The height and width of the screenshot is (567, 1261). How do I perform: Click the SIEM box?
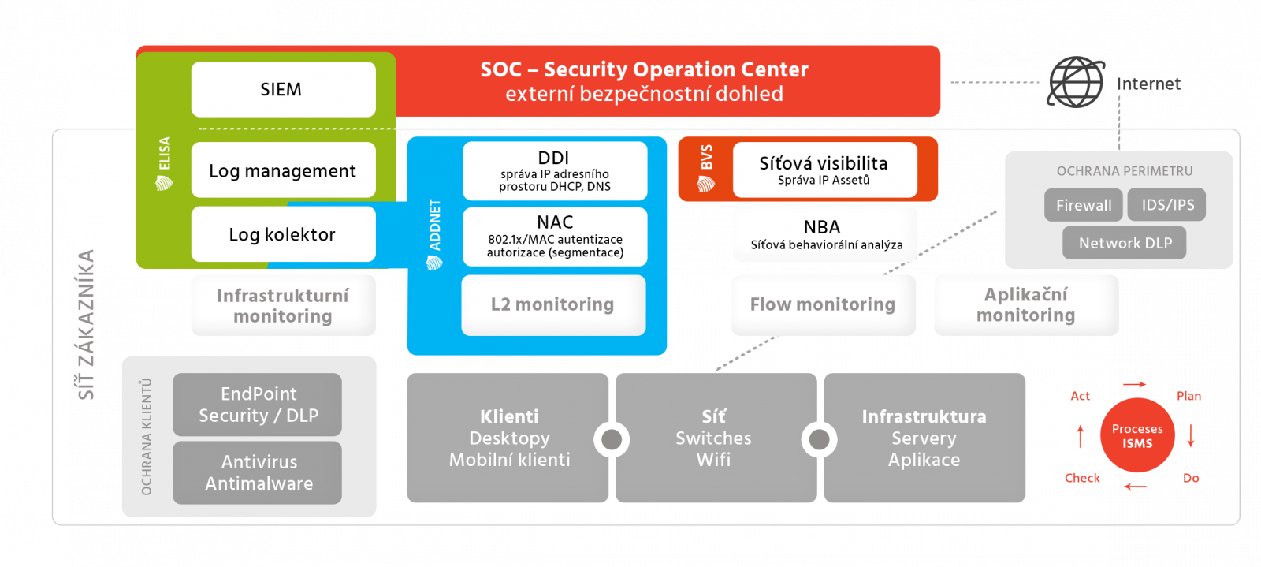tap(283, 89)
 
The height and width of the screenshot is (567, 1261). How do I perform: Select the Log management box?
tap(283, 170)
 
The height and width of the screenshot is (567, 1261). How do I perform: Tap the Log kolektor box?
tap(283, 234)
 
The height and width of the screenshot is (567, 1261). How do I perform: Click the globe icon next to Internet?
tap(1076, 82)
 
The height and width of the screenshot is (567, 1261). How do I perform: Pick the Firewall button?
tap(1084, 205)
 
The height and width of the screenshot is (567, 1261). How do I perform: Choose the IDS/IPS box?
tap(1168, 205)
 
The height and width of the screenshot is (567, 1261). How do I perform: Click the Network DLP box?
tap(1125, 243)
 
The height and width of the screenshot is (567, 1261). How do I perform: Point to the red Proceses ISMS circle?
tap(1137, 435)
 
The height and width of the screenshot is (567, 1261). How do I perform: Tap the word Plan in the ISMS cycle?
tap(1188, 396)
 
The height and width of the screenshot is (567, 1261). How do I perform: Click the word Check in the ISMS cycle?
tap(1082, 478)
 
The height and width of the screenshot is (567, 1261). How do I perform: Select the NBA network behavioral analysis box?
tap(825, 234)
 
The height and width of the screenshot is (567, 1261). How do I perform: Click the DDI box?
tap(555, 170)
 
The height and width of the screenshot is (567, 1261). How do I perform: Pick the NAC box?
tap(555, 237)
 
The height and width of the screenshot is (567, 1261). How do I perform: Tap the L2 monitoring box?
tap(553, 305)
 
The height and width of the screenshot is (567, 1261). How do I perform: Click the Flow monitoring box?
tap(823, 305)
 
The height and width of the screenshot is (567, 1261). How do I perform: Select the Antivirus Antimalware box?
tap(258, 472)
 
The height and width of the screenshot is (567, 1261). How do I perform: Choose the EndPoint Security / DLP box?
tap(258, 405)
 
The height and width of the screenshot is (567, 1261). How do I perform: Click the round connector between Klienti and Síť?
tap(612, 439)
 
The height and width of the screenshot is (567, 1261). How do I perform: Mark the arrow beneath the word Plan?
tap(1191, 436)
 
